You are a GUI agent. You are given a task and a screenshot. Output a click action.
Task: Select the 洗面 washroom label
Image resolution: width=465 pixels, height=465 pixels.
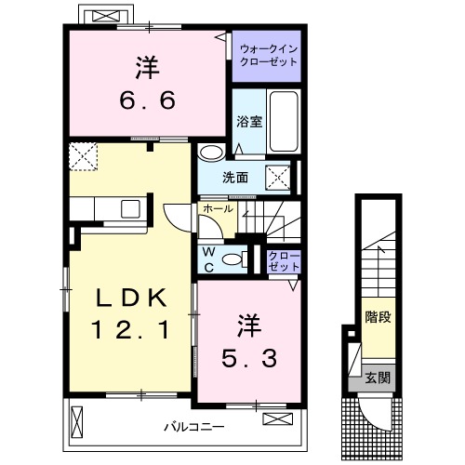pyautogui.click(x=235, y=177)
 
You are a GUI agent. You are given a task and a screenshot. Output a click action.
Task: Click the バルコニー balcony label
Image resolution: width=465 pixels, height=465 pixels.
pyautogui.click(x=194, y=428)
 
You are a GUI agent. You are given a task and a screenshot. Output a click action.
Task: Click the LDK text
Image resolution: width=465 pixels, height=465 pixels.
pyautogui.click(x=130, y=299)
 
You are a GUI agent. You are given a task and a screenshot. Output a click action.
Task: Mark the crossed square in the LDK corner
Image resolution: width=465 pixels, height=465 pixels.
pyautogui.click(x=85, y=157)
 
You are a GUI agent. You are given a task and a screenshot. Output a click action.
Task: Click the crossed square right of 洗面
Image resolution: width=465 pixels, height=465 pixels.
pyautogui.click(x=278, y=177)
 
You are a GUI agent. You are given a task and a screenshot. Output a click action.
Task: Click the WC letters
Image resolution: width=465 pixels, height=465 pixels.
pyautogui.click(x=208, y=259)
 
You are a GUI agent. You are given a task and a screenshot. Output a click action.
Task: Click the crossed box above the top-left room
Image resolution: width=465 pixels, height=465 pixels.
pyautogui.click(x=102, y=17)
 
